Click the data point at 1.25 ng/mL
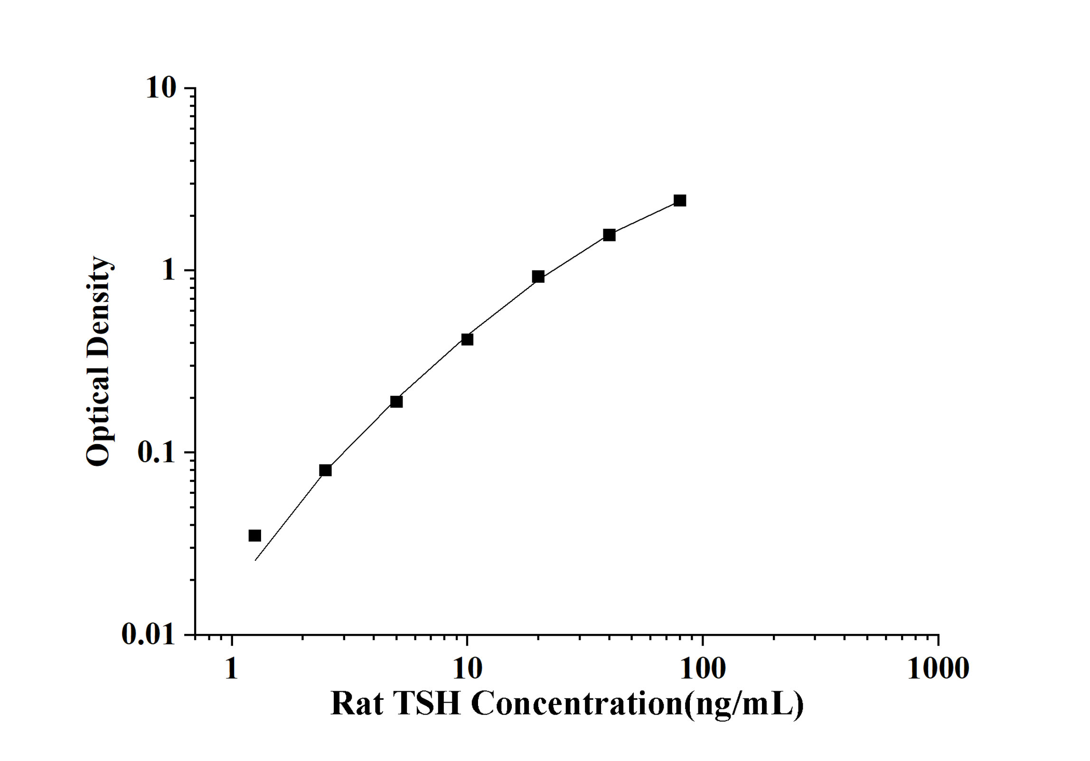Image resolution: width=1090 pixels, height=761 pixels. pyautogui.click(x=255, y=536)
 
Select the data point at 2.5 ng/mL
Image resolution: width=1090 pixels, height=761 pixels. pyautogui.click(x=325, y=470)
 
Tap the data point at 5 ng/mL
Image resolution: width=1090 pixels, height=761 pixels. pyautogui.click(x=396, y=402)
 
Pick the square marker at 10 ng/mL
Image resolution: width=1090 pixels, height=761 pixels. pyautogui.click(x=467, y=339)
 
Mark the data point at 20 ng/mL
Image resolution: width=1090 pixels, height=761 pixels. pyautogui.click(x=538, y=277)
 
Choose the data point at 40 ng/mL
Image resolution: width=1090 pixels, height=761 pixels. pyautogui.click(x=609, y=235)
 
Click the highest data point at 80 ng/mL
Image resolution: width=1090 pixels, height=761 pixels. pyautogui.click(x=680, y=201)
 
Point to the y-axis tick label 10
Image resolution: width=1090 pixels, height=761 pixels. pyautogui.click(x=161, y=88)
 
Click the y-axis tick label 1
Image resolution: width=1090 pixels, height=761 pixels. pyautogui.click(x=169, y=270)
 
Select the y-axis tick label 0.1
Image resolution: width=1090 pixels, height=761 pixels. pyautogui.click(x=156, y=453)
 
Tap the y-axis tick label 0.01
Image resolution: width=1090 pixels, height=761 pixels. pyautogui.click(x=148, y=634)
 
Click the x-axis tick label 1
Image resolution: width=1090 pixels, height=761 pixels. pyautogui.click(x=231, y=668)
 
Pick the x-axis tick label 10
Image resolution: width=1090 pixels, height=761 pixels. pyautogui.click(x=467, y=668)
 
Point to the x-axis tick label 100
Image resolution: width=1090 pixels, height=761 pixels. pyautogui.click(x=703, y=668)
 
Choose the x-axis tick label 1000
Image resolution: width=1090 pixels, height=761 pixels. pyautogui.click(x=938, y=668)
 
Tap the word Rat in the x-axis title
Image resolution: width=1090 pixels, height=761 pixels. pyautogui.click(x=357, y=703)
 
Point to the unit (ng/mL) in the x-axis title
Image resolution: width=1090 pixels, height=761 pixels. pyautogui.click(x=744, y=704)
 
